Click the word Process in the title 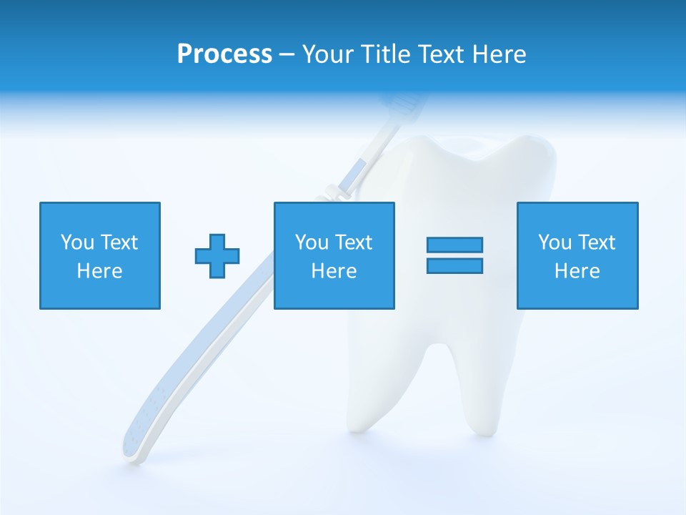tap(224, 54)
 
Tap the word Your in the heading tap(328, 54)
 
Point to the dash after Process tap(287, 55)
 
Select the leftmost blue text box tap(100, 255)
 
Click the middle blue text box tap(334, 255)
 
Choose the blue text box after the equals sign tap(577, 255)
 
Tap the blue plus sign tap(217, 255)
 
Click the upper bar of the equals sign tap(454, 245)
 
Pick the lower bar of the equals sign tap(454, 265)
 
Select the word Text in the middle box tap(354, 242)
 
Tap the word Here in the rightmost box tap(577, 271)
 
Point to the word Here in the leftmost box tap(100, 271)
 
